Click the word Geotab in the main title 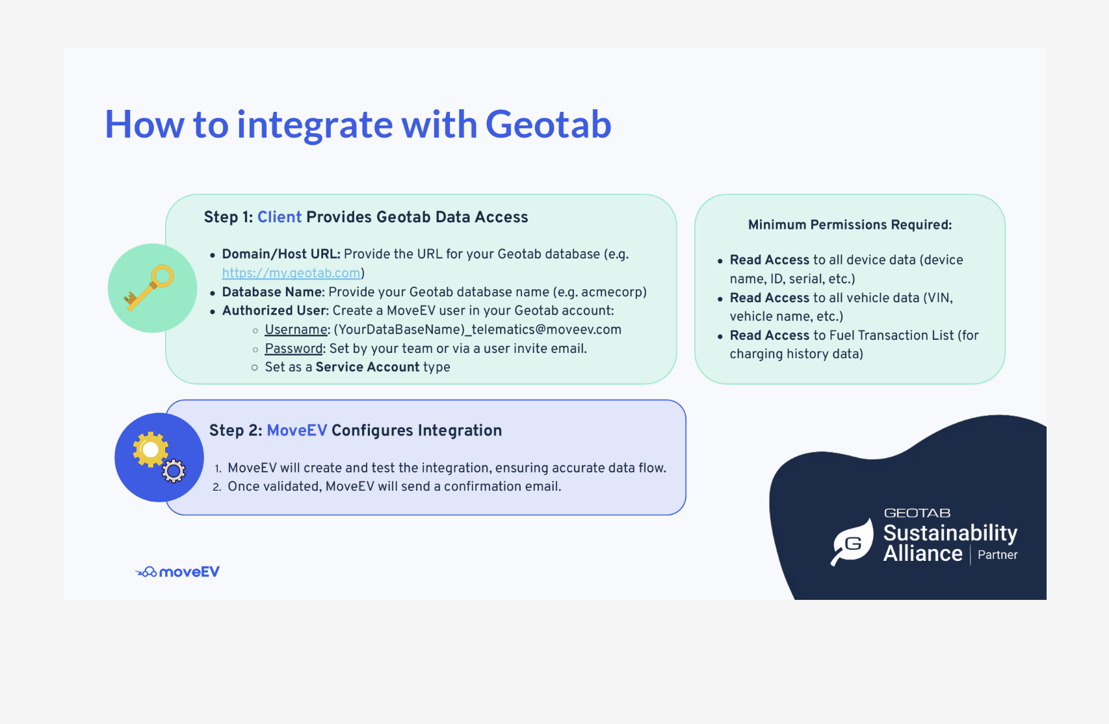pyautogui.click(x=548, y=125)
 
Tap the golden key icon pyautogui.click(x=150, y=287)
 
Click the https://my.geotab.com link pyautogui.click(x=291, y=273)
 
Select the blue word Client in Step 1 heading pyautogui.click(x=280, y=217)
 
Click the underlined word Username pyautogui.click(x=296, y=330)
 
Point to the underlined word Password pyautogui.click(x=294, y=348)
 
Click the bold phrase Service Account pyautogui.click(x=367, y=367)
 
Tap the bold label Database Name pyautogui.click(x=273, y=292)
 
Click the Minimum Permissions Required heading pyautogui.click(x=850, y=225)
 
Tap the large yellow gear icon pyautogui.click(x=151, y=449)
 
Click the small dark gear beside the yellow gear pyautogui.click(x=174, y=471)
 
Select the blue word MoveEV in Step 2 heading pyautogui.click(x=296, y=430)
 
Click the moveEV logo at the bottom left pyautogui.click(x=177, y=572)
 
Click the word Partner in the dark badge pyautogui.click(x=997, y=555)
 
